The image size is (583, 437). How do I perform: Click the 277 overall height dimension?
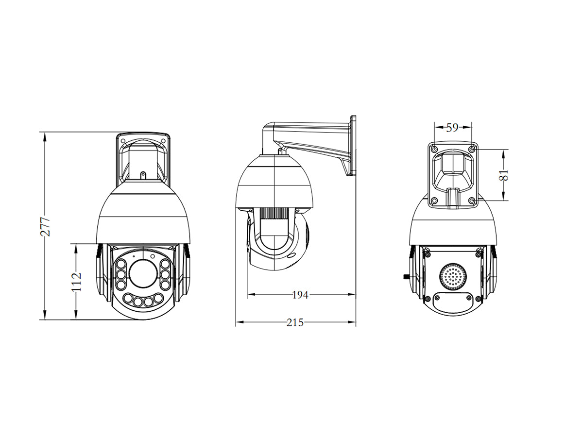pos(45,226)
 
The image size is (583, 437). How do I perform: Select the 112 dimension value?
pos(77,282)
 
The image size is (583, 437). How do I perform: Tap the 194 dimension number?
pos(300,294)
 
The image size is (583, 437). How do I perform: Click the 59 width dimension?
pos(452,128)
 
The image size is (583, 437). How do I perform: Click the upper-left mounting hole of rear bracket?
pos(434,148)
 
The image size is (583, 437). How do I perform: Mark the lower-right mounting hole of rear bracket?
pos(471,201)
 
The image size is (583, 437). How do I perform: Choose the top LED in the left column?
pos(121,265)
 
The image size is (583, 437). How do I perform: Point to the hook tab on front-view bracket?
pos(143,174)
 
